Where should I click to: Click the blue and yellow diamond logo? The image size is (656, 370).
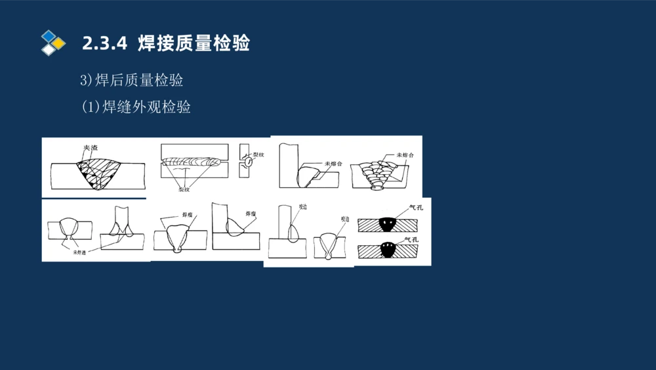pos(52,43)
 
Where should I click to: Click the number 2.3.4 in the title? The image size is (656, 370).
pos(104,44)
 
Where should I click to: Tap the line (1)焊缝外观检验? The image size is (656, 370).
pos(136,107)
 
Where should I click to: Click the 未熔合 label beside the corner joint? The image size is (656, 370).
pos(333,163)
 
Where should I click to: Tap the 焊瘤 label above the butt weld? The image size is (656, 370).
pos(187,215)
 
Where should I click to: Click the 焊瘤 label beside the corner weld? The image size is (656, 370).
pos(251,214)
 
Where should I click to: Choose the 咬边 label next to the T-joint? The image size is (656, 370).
pos(302,207)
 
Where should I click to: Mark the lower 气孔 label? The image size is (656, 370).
pos(411,240)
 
